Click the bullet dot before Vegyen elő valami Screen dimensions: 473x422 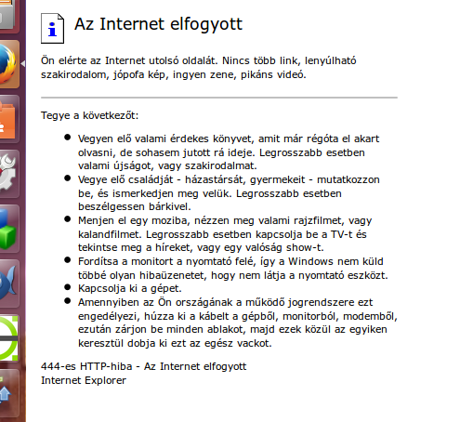[68, 137]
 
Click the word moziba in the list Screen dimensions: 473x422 [165, 220]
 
